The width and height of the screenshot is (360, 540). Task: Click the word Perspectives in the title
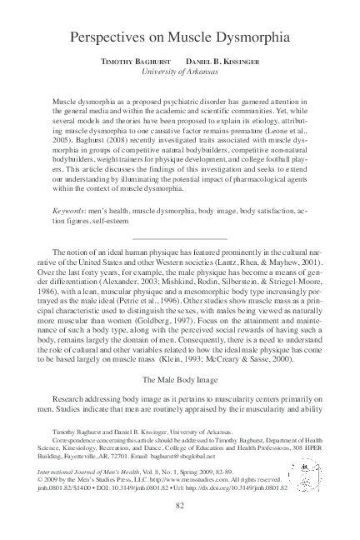(109, 37)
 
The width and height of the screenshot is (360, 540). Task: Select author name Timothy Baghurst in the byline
(131, 63)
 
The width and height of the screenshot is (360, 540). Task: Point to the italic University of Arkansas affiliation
(179, 74)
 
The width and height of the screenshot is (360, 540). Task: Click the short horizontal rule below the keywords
(179, 239)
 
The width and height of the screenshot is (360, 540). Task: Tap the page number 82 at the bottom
(179, 506)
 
